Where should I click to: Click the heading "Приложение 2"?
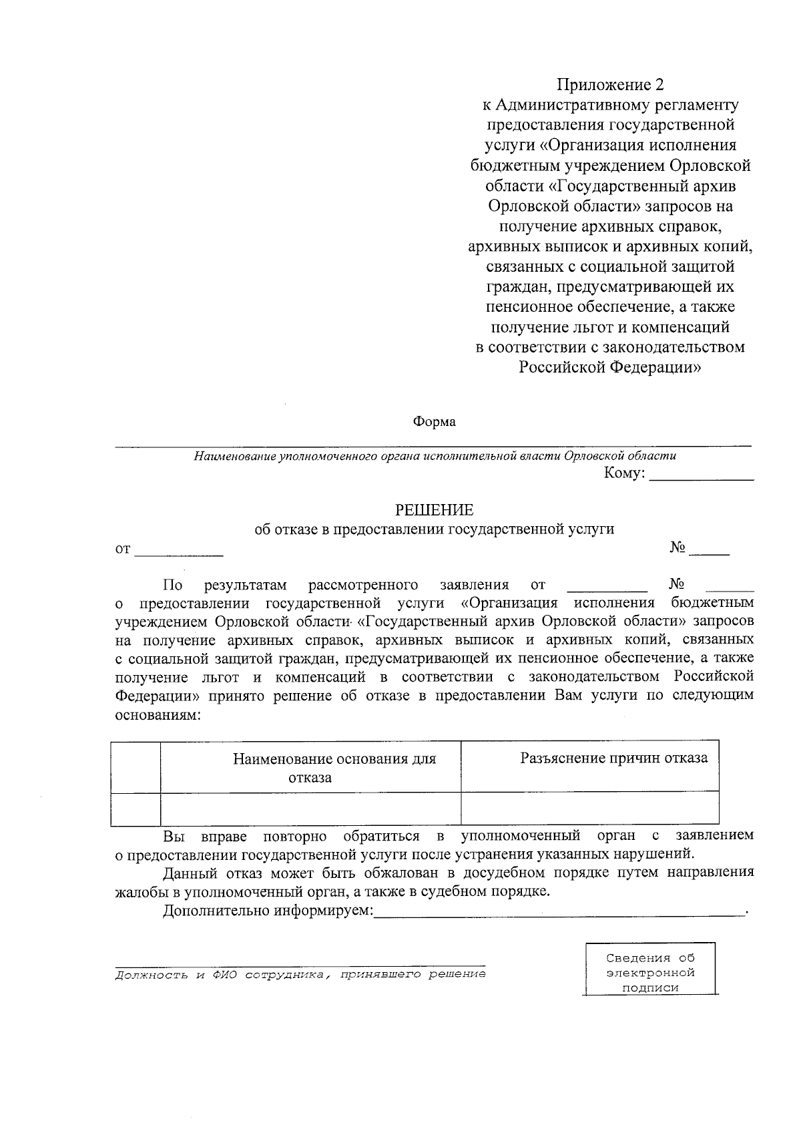click(611, 85)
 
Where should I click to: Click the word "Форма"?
click(434, 422)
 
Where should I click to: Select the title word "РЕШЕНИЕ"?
click(434, 510)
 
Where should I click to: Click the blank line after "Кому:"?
click(701, 475)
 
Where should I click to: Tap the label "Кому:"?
click(624, 473)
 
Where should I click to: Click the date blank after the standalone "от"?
click(179, 551)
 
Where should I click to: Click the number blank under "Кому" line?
click(710, 551)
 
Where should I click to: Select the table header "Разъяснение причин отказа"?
click(613, 758)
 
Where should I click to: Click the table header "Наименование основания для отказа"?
click(334, 767)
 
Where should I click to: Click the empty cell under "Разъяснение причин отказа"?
click(589, 808)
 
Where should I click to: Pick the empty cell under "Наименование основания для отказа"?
click(310, 808)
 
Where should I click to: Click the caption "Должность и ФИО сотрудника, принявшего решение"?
click(300, 975)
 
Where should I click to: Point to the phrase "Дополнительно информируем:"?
click(268, 911)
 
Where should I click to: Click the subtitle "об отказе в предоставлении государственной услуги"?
click(434, 529)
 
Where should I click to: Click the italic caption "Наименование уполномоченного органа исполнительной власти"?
click(434, 456)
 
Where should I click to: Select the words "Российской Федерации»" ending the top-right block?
click(610, 367)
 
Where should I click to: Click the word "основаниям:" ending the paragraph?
click(157, 714)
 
